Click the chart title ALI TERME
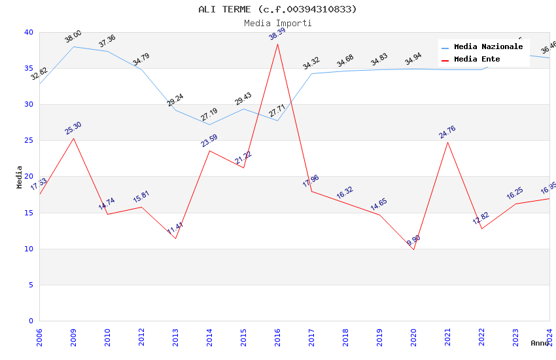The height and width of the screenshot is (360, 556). coord(277,9)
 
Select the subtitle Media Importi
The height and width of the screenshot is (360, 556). coord(277,23)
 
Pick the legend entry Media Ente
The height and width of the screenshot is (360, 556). coord(477,60)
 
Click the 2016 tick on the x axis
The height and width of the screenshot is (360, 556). coord(277,334)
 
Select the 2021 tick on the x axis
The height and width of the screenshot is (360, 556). coord(447,334)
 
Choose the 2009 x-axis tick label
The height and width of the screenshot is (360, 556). coord(73,334)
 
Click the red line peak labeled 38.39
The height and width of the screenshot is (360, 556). coord(277,44)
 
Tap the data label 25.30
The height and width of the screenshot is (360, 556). coord(73,128)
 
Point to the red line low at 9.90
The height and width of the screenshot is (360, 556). coord(413,249)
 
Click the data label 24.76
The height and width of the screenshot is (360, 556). coord(447,132)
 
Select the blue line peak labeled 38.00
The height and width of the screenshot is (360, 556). coord(73,46)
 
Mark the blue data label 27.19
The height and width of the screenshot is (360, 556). coord(209,115)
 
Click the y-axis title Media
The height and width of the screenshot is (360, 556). coord(20,177)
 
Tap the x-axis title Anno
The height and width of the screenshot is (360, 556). coord(540,343)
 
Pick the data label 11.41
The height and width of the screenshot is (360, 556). coord(175,229)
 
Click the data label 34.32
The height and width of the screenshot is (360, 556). coord(311,63)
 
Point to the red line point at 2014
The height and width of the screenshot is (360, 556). coord(209,151)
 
